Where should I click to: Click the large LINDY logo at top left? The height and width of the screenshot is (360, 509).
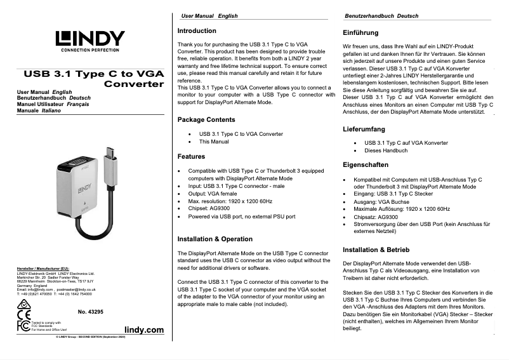point(89,39)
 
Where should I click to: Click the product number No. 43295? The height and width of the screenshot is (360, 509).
point(90,312)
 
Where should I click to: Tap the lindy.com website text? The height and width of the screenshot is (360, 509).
point(144,330)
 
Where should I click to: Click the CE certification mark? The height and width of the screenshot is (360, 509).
point(23,314)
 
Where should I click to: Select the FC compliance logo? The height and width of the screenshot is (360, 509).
point(23,326)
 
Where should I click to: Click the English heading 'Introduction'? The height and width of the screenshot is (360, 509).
point(197,31)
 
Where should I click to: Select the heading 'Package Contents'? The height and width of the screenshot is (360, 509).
point(206,120)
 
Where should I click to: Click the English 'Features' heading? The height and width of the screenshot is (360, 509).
point(191,156)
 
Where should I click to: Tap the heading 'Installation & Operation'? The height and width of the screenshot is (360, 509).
point(215,239)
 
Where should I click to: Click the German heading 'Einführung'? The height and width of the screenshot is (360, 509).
point(360,32)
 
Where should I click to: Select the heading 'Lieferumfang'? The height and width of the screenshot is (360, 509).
point(364,130)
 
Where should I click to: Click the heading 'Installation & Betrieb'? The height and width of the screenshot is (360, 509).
point(376,250)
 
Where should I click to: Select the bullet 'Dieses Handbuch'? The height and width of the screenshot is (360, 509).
point(386,151)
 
